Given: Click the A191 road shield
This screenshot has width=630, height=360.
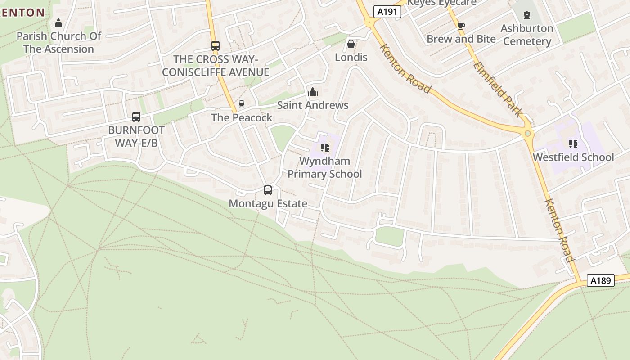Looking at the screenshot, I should tap(387, 12).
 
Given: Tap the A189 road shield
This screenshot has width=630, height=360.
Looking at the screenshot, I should tap(601, 280).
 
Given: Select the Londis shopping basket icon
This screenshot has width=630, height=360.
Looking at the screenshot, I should tap(351, 45).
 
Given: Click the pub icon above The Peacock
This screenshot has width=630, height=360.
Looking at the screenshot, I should tap(242, 104).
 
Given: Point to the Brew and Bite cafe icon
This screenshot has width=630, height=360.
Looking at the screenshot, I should tap(461, 26).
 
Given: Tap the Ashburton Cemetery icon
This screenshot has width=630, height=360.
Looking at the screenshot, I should tap(526, 15).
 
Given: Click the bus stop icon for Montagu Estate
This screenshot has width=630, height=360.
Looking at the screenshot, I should tap(268, 190).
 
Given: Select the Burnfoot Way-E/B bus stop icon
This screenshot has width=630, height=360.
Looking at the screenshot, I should tap(136, 117).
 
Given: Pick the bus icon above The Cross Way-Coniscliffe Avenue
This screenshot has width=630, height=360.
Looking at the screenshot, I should tap(216, 46).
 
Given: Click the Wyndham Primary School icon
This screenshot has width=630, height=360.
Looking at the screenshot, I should tap(324, 148).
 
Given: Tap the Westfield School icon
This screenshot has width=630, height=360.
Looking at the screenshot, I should tap(573, 144).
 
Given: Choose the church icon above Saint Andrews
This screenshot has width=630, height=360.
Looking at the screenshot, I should tap(313, 92).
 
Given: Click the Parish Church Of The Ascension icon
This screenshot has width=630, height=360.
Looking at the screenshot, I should tap(58, 23).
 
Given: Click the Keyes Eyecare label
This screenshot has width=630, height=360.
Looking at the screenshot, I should tap(441, 3).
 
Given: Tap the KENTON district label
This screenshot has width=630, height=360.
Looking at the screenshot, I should tap(22, 13).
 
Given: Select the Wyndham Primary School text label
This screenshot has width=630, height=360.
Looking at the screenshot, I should tap(324, 167).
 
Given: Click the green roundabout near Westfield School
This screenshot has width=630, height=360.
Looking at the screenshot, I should tap(527, 133).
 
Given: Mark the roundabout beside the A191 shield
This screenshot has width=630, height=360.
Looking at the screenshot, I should tap(370, 21).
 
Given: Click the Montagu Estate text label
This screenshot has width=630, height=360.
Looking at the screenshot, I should tap(268, 203).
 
